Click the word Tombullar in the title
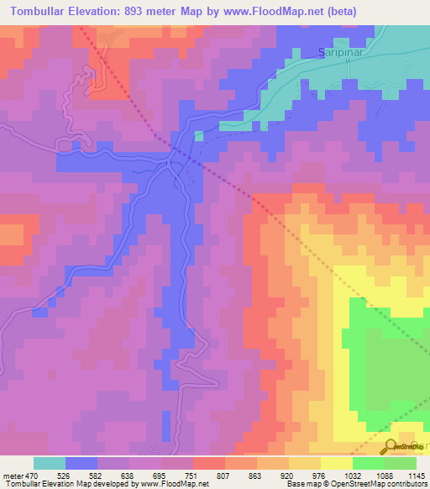click(41, 12)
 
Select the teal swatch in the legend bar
click(50, 463)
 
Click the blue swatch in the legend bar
click(81, 463)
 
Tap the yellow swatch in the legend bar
click(336, 463)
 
